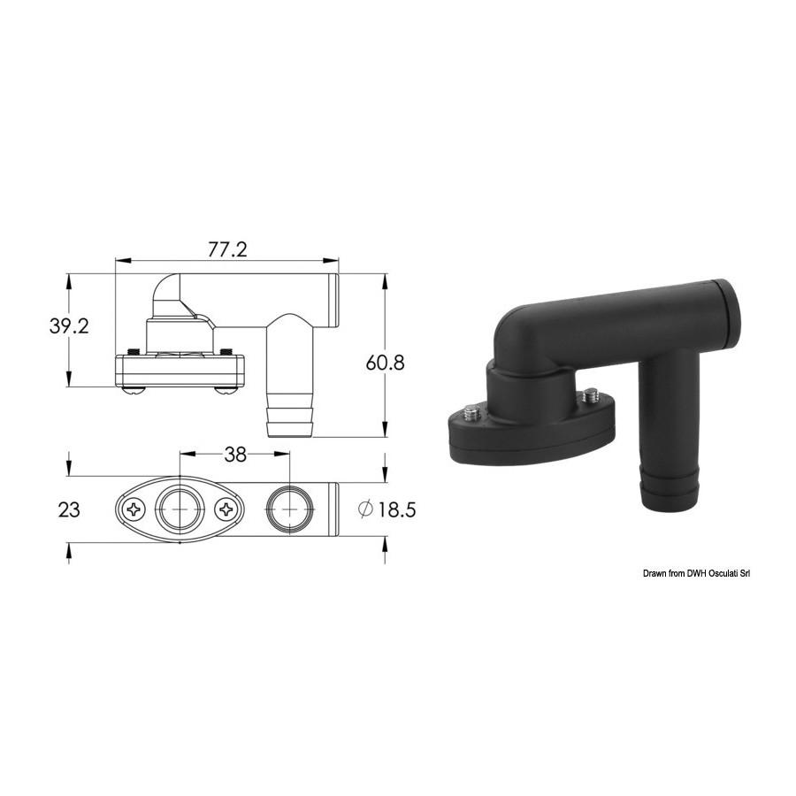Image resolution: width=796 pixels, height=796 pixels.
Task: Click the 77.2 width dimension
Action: [227, 249]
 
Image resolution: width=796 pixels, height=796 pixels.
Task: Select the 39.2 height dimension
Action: [69, 325]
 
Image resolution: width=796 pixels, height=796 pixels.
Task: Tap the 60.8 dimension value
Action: [386, 363]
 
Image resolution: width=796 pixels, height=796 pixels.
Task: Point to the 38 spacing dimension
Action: [235, 455]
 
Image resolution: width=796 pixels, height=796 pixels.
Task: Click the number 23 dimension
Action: [69, 509]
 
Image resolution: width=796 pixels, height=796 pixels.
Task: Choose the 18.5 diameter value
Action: [396, 509]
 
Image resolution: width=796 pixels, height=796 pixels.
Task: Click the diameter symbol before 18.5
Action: [365, 509]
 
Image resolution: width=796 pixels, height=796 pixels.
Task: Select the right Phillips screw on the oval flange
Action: [226, 509]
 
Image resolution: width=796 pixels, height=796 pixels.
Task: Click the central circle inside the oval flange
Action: [180, 509]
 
